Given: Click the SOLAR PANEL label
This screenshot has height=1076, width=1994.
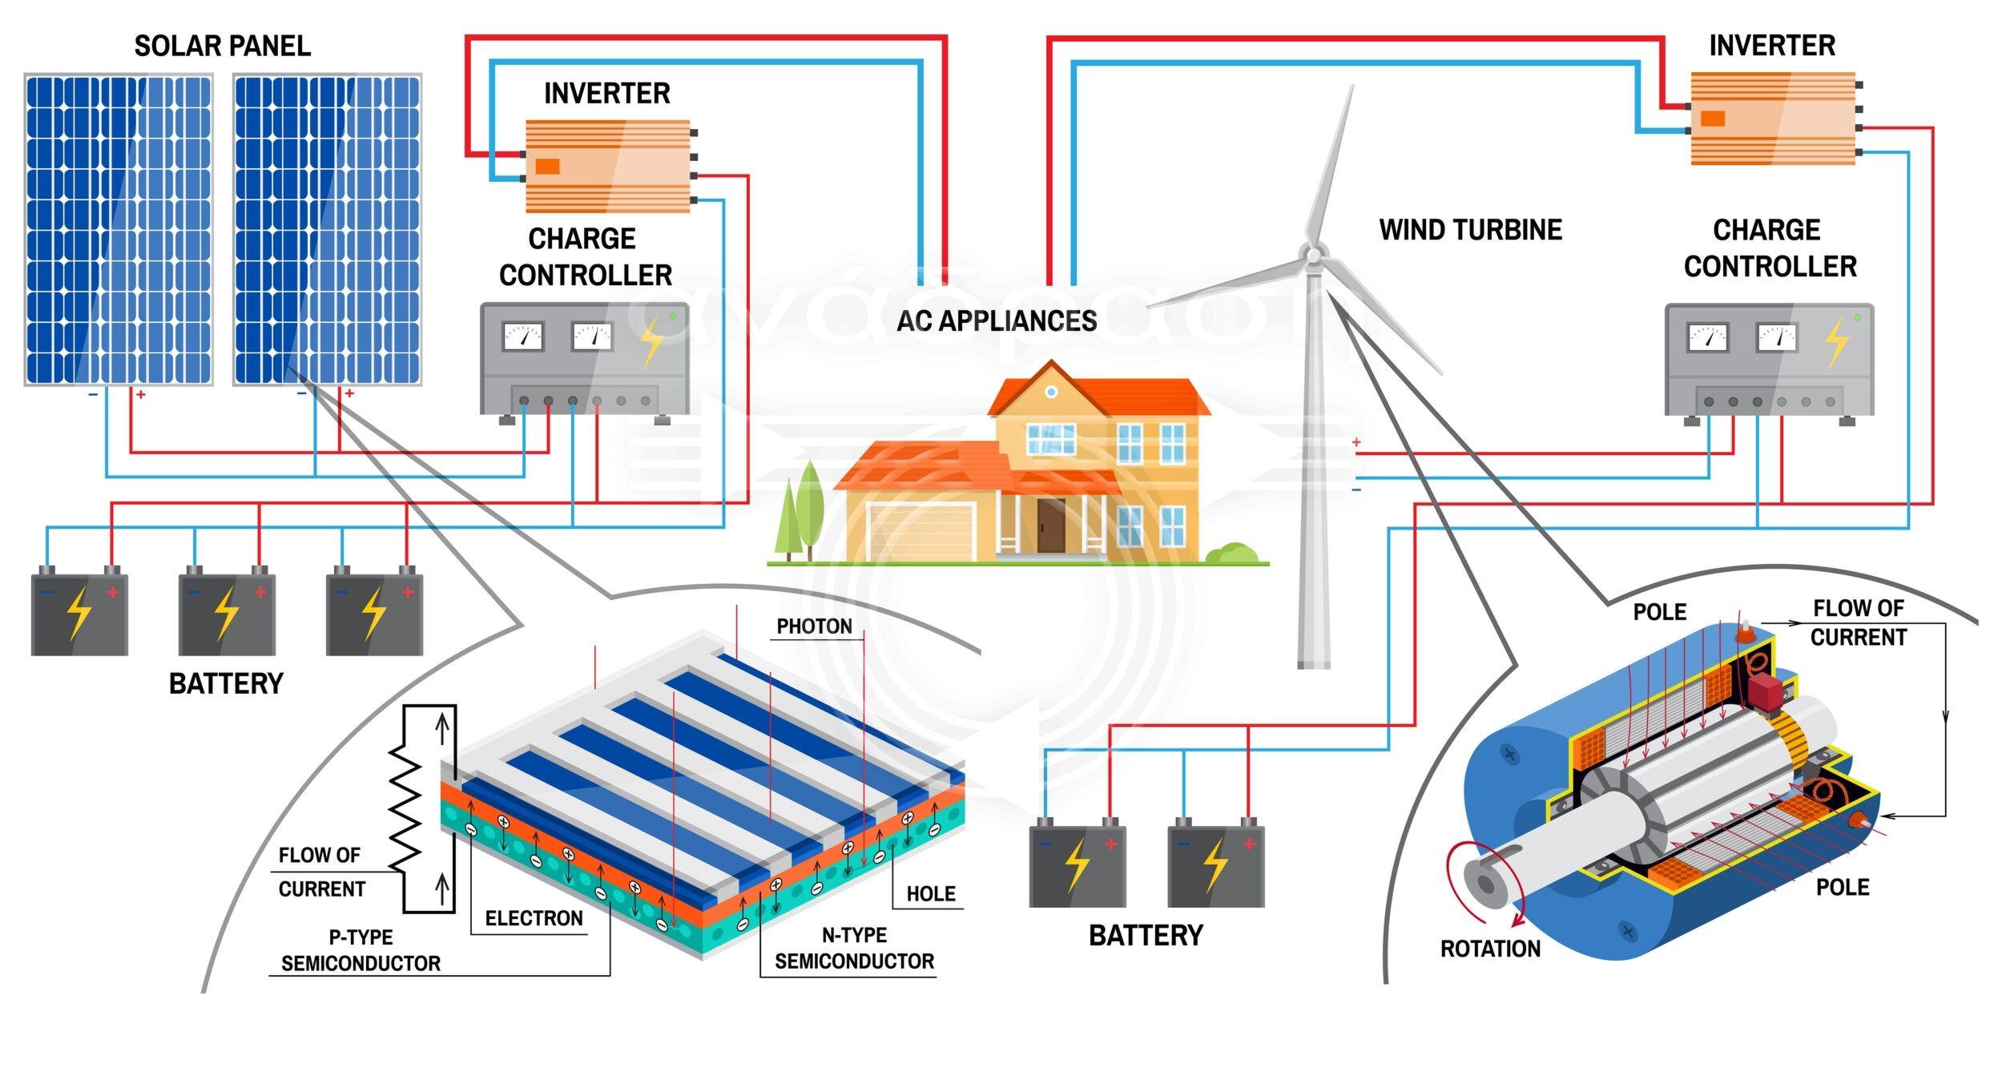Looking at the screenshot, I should point(222,46).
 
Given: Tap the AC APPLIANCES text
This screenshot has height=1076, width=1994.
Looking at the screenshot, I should point(997,321).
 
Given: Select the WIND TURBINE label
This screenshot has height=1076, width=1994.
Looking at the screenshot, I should point(1470,230).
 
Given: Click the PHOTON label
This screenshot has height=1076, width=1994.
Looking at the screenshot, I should point(814,627).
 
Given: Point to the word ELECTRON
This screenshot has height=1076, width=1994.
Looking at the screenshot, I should point(534,919).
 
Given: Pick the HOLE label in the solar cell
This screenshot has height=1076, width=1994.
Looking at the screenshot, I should point(930,894).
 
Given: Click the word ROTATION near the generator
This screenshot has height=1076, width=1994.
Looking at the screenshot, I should point(1490,949).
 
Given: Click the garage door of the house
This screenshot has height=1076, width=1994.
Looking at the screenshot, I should point(922,532).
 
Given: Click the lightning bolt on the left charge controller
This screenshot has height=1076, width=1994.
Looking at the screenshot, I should point(653,341).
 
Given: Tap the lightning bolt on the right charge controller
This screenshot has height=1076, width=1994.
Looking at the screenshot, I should point(1836,341).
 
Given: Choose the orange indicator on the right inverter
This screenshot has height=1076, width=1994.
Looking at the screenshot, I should point(1712,119).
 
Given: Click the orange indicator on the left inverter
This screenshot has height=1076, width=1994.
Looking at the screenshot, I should point(547,167).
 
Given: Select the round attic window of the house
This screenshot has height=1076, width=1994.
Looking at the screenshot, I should point(1051,392).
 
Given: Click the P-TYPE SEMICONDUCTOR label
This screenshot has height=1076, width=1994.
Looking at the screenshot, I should point(361,950).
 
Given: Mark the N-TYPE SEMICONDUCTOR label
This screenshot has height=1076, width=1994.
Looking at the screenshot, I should point(854,949).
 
